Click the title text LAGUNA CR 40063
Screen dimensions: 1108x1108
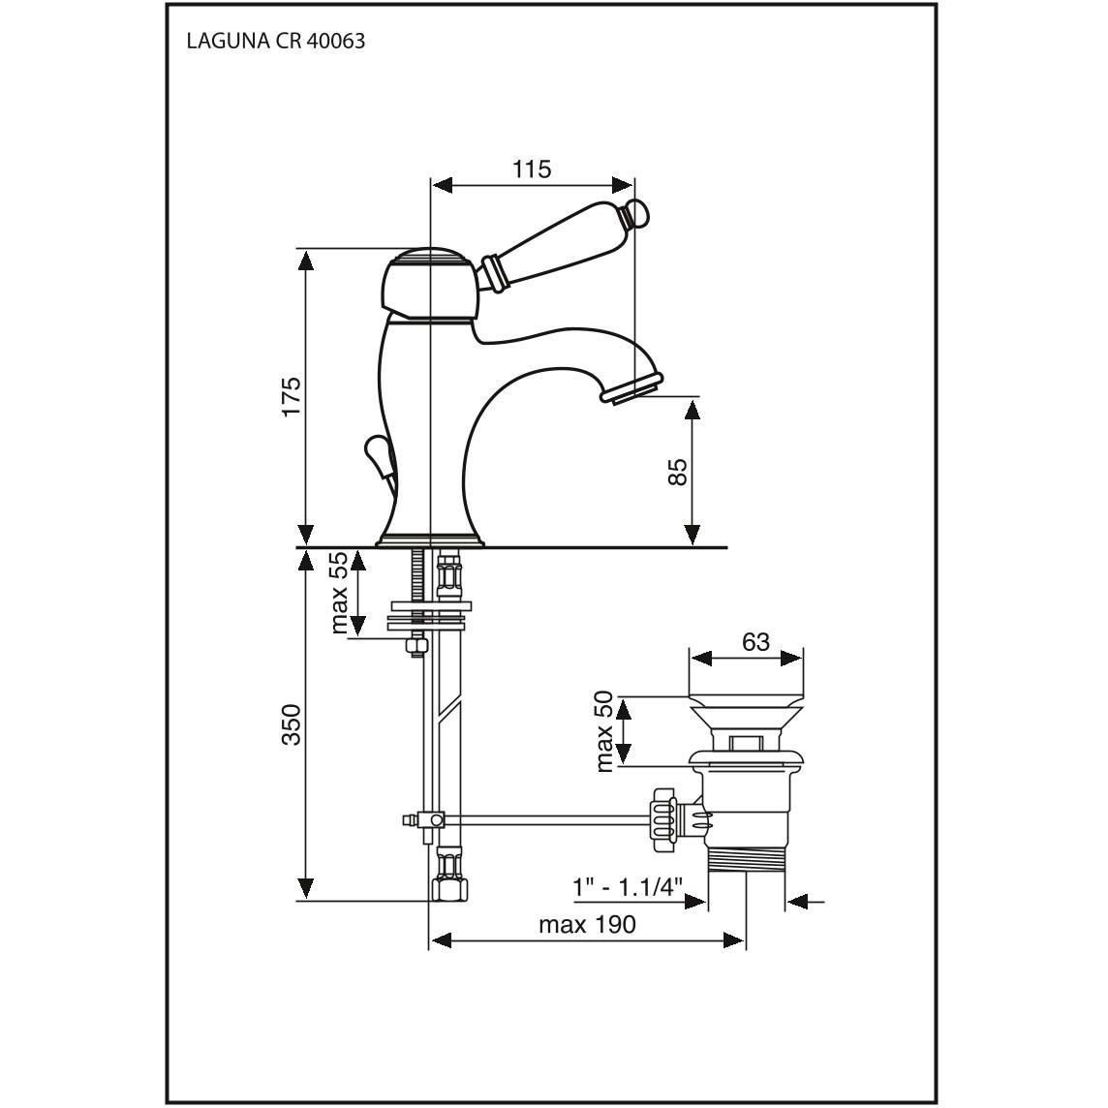pos(275,42)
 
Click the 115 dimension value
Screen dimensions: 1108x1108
pos(532,169)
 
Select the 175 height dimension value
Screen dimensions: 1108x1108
pos(291,396)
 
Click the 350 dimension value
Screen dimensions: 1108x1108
pos(291,724)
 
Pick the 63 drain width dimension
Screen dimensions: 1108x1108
pos(755,641)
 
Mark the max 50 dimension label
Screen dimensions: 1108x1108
pos(604,731)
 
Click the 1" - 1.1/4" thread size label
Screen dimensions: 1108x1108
pos(627,887)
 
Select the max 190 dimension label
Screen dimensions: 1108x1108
pos(587,925)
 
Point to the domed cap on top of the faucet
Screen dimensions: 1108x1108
pos(427,256)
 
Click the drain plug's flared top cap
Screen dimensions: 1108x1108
pos(745,712)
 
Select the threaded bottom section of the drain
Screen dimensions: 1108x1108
pos(745,858)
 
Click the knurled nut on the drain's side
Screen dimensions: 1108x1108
pos(665,818)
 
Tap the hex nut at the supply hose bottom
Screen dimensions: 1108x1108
pos(447,885)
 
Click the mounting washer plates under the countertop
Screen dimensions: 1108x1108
pos(429,617)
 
